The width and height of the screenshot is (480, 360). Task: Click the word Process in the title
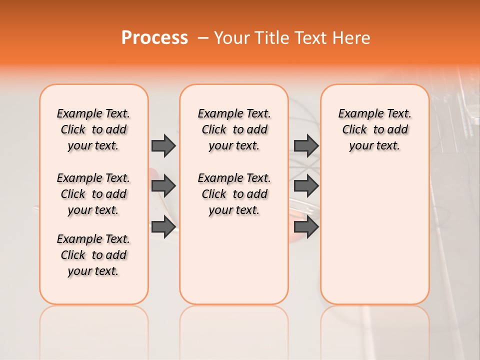(154, 38)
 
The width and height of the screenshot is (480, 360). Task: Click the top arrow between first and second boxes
(163, 145)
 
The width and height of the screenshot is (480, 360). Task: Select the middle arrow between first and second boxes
(163, 186)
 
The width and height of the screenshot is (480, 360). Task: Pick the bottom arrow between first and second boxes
(163, 226)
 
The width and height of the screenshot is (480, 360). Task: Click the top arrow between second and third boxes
(306, 145)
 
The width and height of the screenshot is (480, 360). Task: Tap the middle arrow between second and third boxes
(306, 186)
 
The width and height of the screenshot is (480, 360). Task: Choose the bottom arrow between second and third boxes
(306, 226)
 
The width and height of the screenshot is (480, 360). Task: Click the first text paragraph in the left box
(93, 129)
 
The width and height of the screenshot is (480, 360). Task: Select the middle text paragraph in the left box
(93, 194)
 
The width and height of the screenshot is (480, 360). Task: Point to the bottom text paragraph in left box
(93, 255)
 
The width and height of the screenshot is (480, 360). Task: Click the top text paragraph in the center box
(234, 129)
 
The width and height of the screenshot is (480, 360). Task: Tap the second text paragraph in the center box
(234, 194)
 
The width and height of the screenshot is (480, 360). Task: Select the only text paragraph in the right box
(374, 129)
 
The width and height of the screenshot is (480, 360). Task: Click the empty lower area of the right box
(374, 235)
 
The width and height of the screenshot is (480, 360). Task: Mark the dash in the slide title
(203, 38)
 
